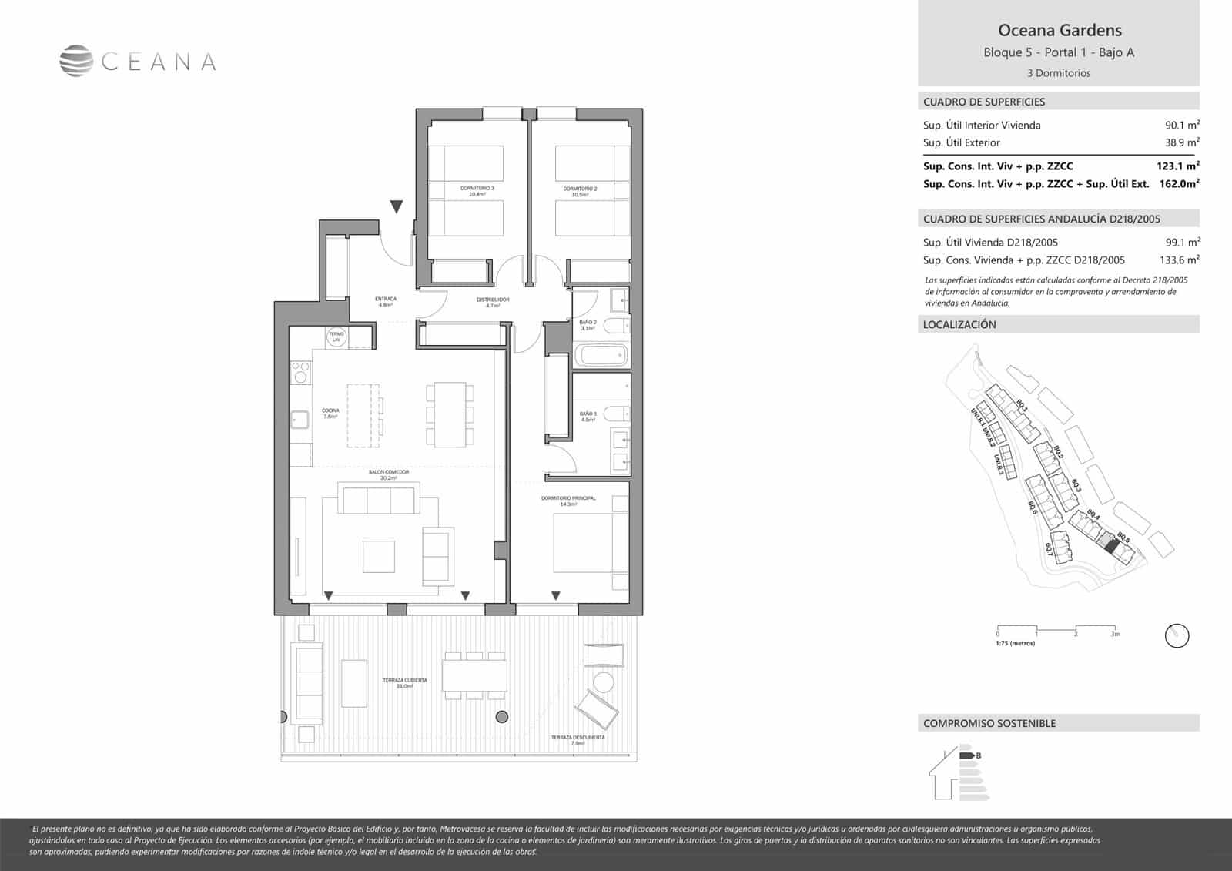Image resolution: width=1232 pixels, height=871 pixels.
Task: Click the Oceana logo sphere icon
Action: [77, 62]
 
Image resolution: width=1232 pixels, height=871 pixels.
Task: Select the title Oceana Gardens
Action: [1060, 31]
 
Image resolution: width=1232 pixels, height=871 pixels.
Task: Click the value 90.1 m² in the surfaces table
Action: [1182, 125]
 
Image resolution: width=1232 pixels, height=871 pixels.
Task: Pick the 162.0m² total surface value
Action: [1179, 183]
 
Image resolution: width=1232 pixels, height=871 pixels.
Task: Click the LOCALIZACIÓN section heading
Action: [959, 325]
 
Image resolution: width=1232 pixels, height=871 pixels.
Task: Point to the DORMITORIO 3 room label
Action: [477, 189]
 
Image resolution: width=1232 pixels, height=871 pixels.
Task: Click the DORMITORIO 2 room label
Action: [580, 189]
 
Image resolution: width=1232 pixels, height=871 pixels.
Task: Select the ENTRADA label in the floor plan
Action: [386, 299]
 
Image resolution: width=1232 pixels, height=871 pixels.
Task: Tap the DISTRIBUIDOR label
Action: [493, 300]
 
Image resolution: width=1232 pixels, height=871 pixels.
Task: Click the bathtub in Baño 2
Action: [601, 356]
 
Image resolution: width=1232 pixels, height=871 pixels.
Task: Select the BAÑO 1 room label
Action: [588, 414]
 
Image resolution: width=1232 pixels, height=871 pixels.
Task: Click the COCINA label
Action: [330, 411]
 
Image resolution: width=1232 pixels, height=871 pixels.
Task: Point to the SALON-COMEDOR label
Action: [388, 472]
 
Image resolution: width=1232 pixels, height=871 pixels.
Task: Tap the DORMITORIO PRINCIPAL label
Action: [568, 499]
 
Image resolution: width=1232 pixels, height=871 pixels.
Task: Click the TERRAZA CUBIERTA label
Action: [404, 681]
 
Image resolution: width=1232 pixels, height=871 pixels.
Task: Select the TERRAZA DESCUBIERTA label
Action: [577, 738]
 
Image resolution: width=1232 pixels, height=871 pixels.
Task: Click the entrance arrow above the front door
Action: [396, 206]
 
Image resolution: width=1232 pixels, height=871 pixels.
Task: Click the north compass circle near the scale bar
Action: [1177, 636]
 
